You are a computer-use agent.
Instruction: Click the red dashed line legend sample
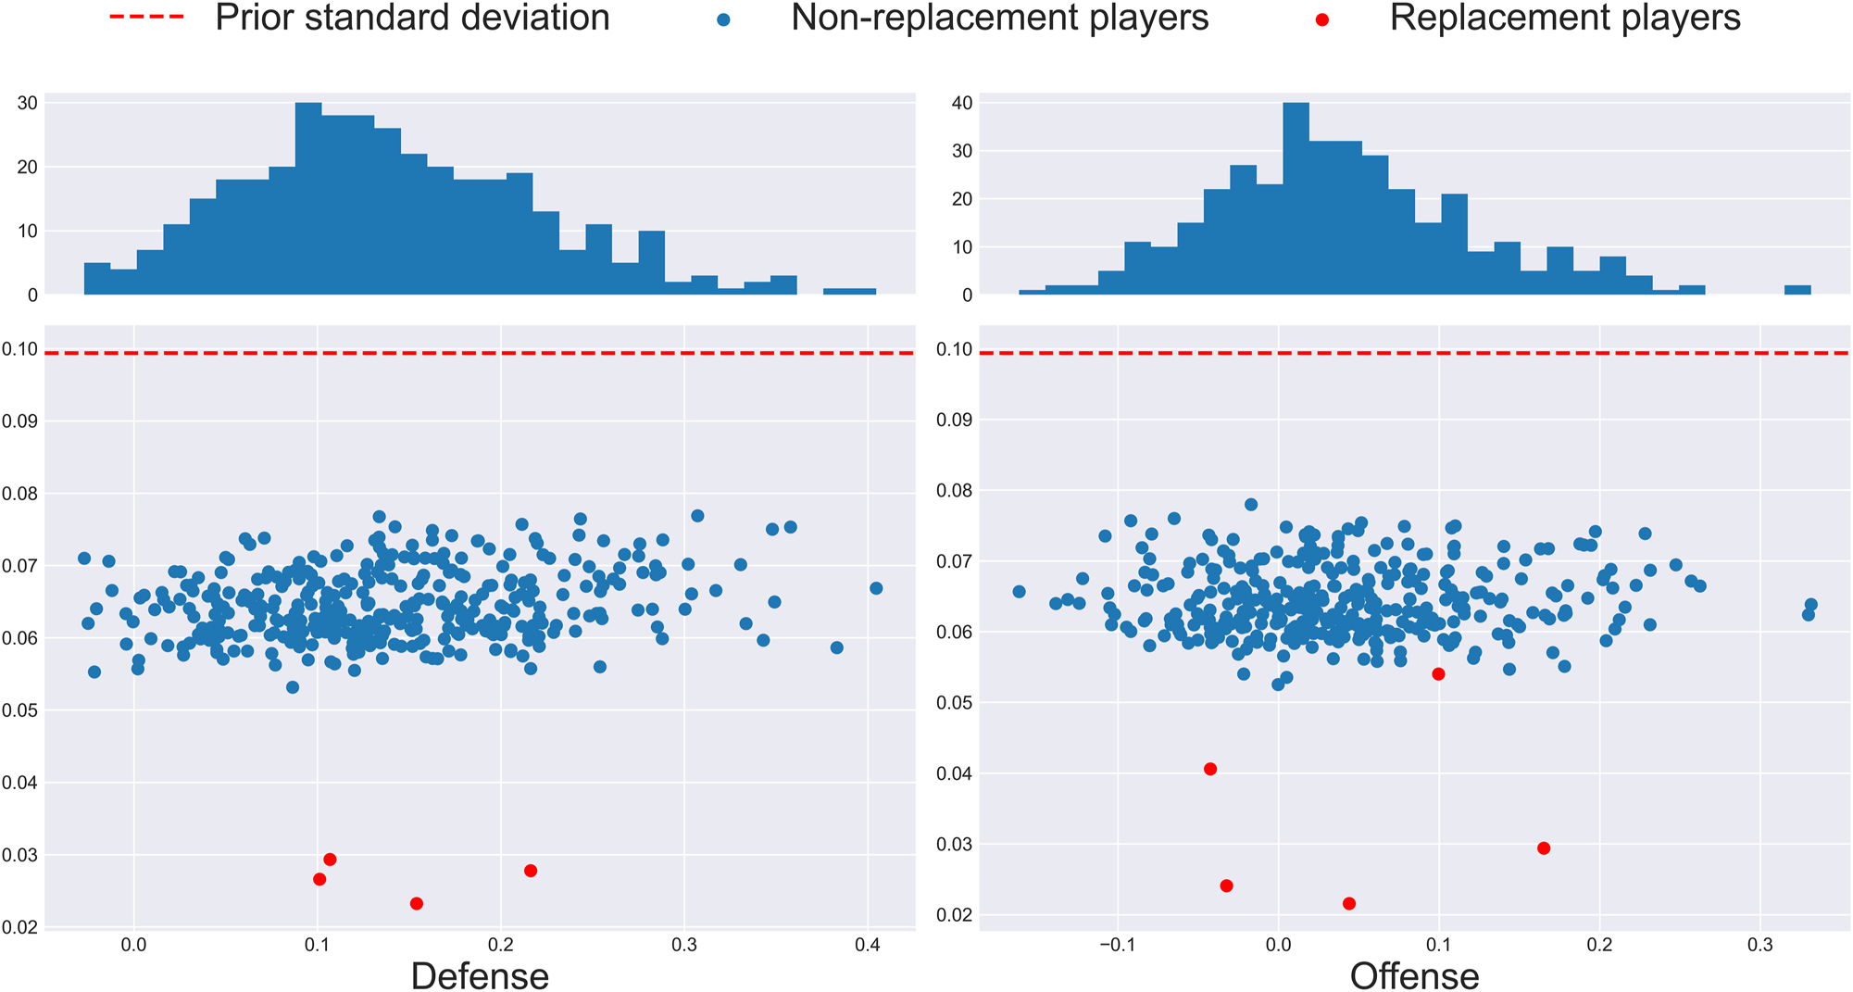click(x=146, y=18)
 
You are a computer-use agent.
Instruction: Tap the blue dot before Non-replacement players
click(x=723, y=19)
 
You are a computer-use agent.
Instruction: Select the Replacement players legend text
click(x=1564, y=18)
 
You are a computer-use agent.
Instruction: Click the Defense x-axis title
click(x=479, y=975)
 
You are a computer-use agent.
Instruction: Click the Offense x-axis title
click(x=1414, y=975)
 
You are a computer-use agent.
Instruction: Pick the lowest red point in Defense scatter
click(x=417, y=903)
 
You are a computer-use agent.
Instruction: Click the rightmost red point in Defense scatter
click(x=531, y=871)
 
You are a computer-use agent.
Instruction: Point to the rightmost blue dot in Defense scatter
click(x=876, y=588)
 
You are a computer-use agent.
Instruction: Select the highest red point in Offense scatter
click(x=1438, y=674)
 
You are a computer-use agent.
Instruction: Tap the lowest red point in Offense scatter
click(x=1349, y=903)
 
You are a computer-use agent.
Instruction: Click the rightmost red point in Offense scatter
click(x=1544, y=848)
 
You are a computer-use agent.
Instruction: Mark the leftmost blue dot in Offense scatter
click(x=1020, y=592)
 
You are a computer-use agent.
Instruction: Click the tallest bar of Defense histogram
click(x=308, y=199)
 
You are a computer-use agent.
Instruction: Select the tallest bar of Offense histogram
click(x=1296, y=199)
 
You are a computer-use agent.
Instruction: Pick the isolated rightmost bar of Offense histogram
click(x=1797, y=290)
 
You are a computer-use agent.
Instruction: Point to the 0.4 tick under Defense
click(x=868, y=944)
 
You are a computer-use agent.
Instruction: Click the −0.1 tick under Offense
click(x=1117, y=944)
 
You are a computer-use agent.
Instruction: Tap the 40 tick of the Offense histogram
click(x=962, y=103)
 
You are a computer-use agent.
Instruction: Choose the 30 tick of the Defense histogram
click(x=28, y=103)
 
